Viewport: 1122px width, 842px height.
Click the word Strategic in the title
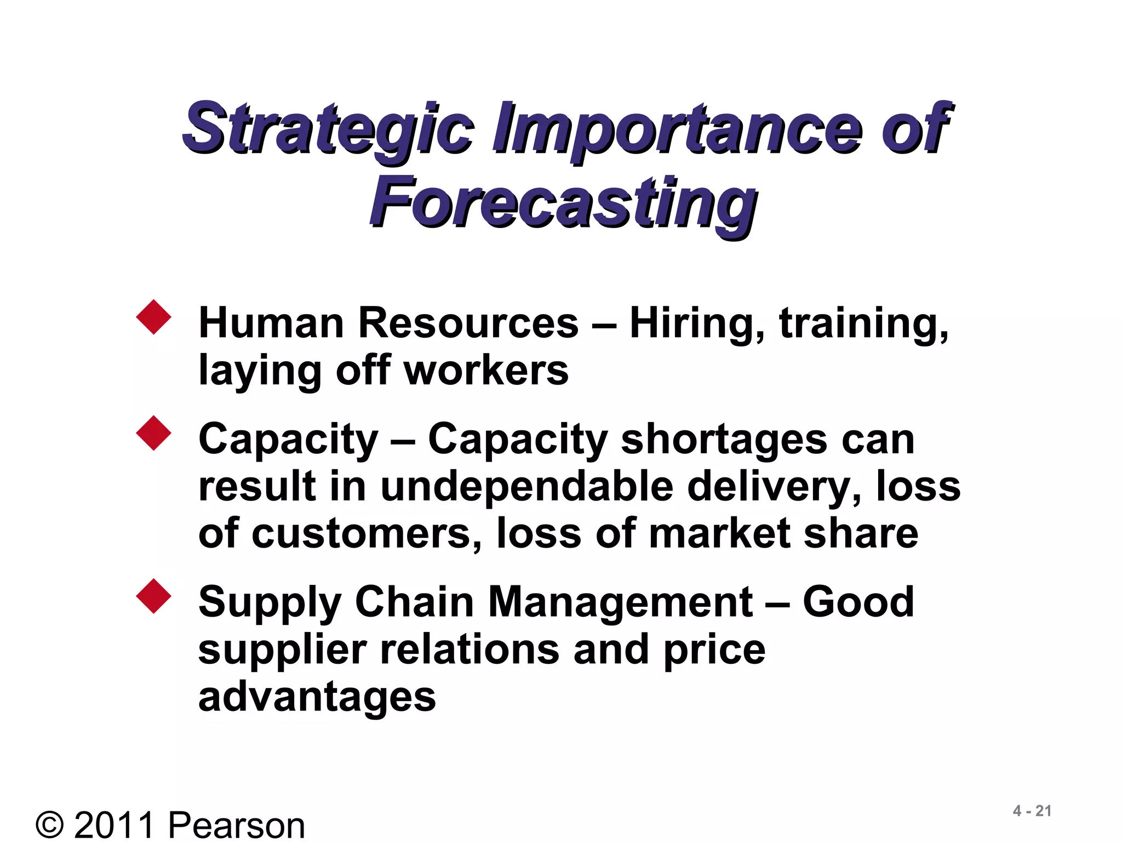click(328, 129)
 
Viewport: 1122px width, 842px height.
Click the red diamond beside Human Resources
click(154, 317)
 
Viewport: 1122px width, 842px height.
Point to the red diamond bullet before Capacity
click(154, 433)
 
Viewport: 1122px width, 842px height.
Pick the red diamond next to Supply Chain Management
click(154, 596)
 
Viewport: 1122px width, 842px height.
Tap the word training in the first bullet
click(863, 323)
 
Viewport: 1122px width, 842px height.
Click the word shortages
click(724, 440)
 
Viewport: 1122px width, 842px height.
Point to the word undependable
click(526, 487)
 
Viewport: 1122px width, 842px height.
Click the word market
click(719, 534)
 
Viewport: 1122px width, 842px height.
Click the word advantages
click(317, 697)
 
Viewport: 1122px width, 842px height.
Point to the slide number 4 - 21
click(1032, 811)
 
